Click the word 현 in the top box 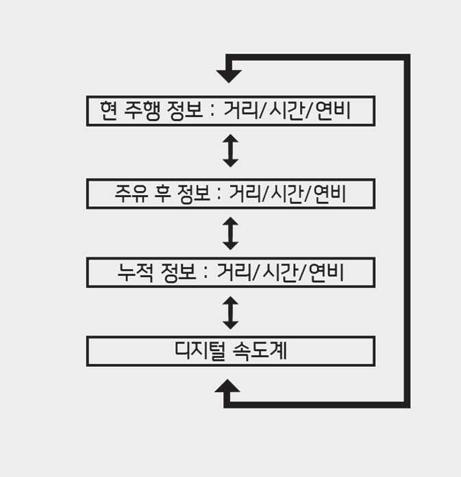[x=108, y=111]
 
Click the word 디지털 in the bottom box [x=200, y=351]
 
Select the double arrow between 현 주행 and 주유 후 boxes [x=231, y=151]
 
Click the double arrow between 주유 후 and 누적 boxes [x=231, y=233]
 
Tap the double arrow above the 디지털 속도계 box [x=231, y=312]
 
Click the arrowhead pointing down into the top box [x=228, y=75]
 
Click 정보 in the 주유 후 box [x=193, y=194]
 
